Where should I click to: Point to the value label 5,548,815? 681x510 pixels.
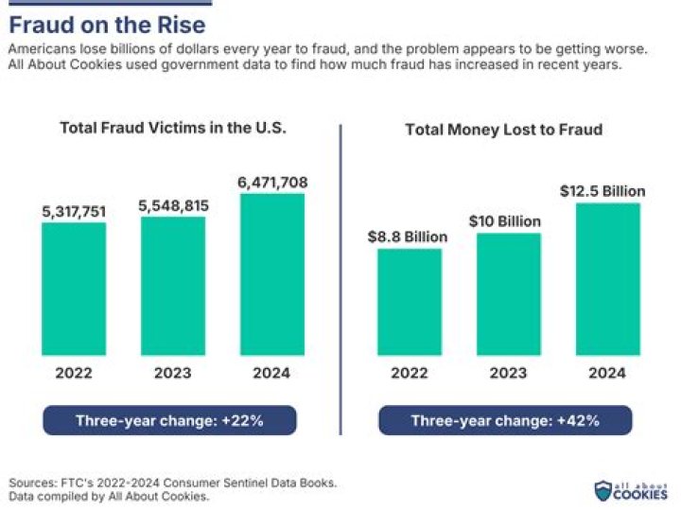[173, 204]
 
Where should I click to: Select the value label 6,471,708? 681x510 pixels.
[273, 182]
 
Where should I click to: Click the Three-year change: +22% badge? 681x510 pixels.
[169, 420]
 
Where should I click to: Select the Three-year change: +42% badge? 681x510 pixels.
[505, 420]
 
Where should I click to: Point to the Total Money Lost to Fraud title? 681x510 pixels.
[504, 130]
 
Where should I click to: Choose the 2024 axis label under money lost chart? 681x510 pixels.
[607, 373]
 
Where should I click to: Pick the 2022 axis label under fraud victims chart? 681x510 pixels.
[73, 373]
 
